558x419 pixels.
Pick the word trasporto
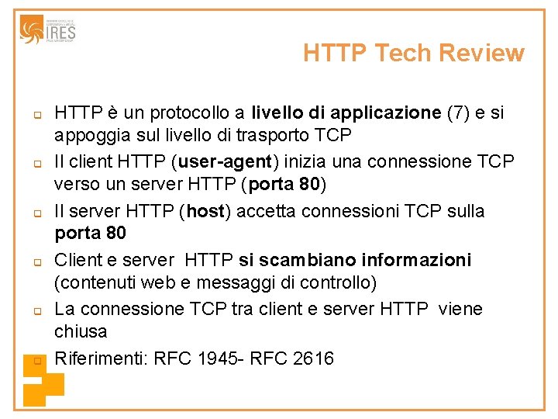(259, 135)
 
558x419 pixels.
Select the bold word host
(205, 211)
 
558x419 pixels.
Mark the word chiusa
(81, 331)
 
